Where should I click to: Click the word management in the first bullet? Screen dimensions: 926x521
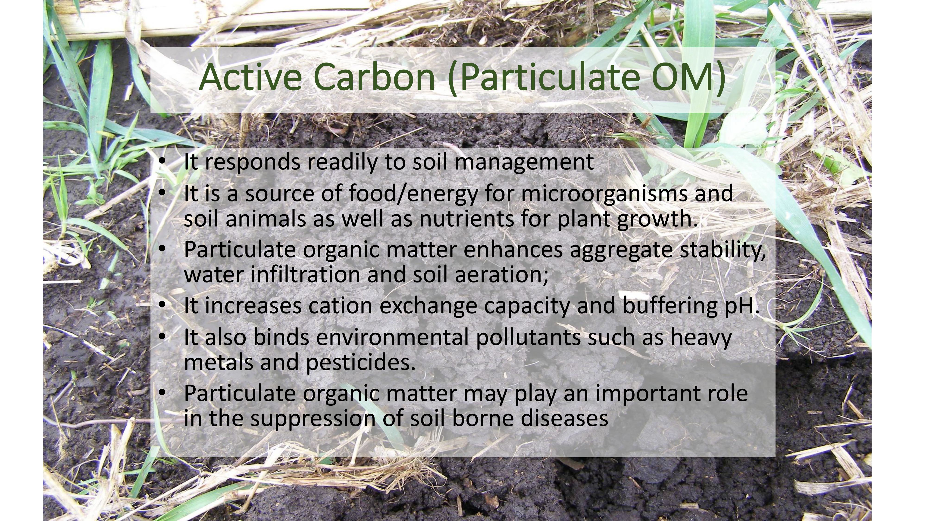click(524, 163)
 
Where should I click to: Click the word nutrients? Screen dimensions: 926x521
click(466, 219)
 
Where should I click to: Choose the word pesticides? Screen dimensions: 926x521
click(360, 363)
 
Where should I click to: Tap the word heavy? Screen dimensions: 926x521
click(701, 338)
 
